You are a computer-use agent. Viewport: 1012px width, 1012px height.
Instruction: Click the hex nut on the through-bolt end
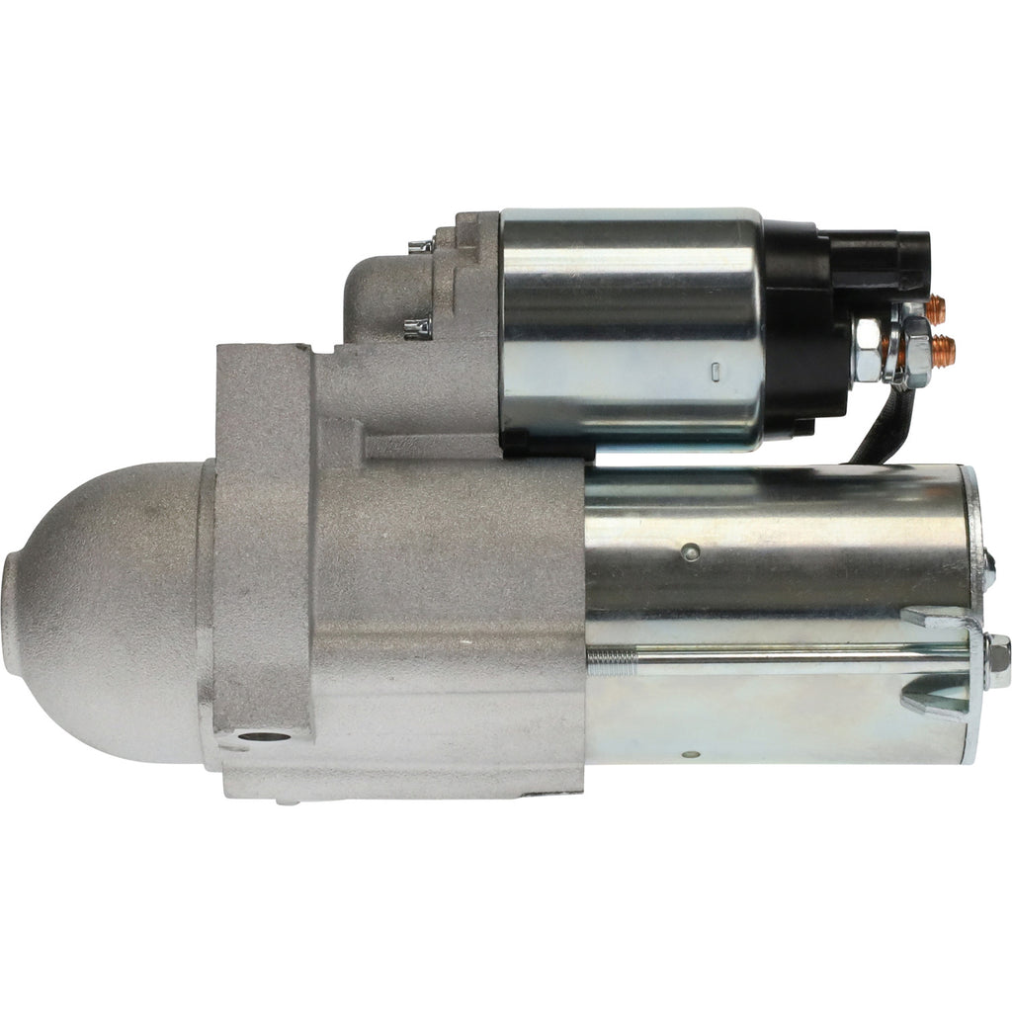coord(997,660)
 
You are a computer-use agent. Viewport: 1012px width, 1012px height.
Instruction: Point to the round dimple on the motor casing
coord(693,551)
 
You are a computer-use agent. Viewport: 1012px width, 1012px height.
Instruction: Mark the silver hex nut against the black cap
coord(868,351)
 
